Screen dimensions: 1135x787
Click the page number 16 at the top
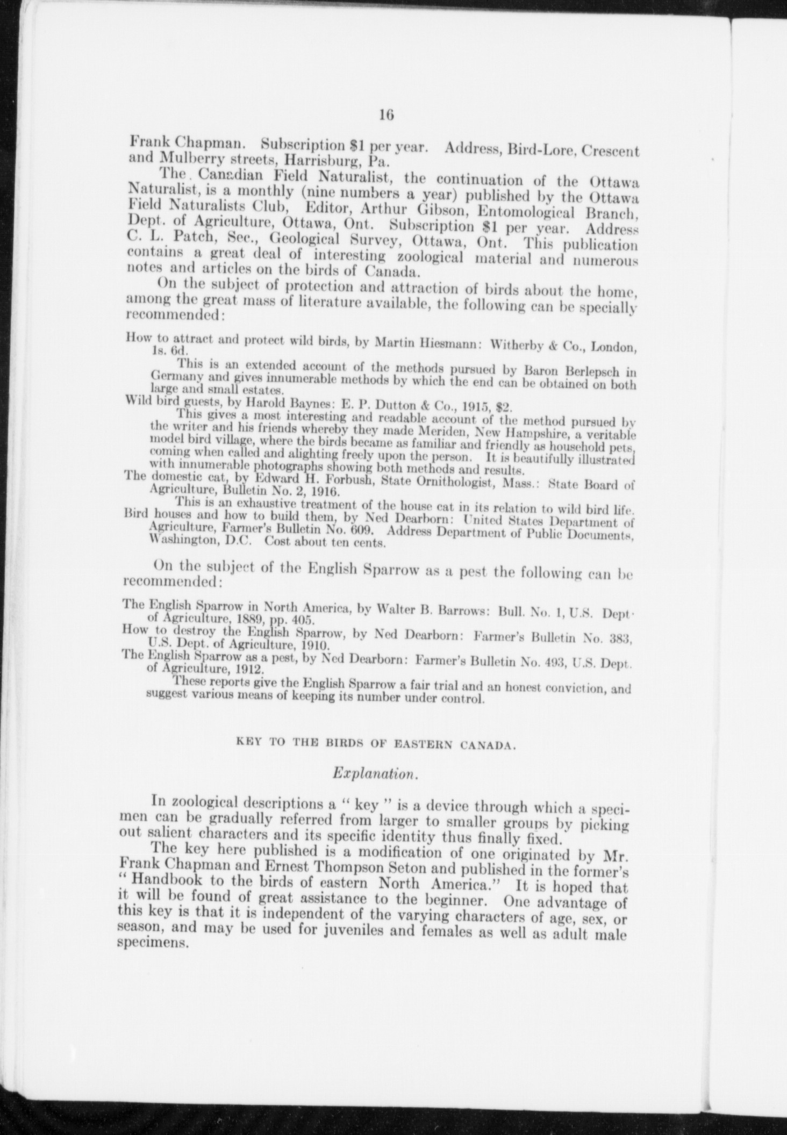click(387, 115)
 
